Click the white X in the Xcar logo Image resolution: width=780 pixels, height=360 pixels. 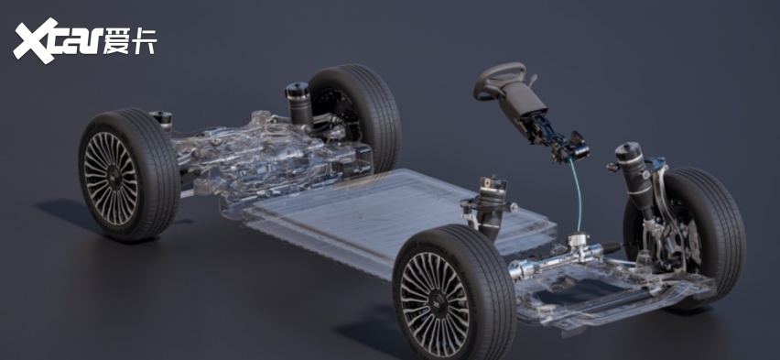coord(35,39)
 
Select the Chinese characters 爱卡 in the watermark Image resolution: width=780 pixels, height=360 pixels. coord(130,40)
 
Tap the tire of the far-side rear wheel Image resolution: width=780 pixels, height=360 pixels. coord(357,115)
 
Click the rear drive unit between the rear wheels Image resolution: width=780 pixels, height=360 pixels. coord(274,155)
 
